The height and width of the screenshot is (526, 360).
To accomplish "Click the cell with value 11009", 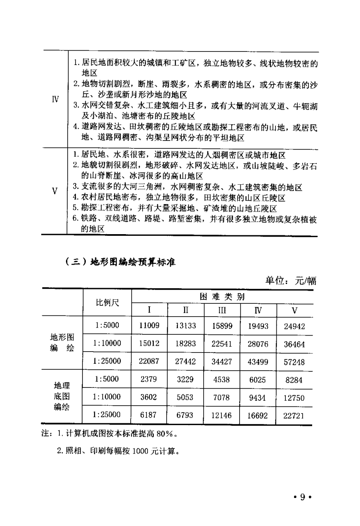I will [149, 326].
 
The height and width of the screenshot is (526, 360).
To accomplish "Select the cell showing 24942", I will [294, 326].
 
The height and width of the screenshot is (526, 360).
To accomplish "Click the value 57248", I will [294, 362].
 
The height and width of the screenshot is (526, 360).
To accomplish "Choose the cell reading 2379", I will [148, 379].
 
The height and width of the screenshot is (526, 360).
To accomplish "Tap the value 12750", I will [294, 398].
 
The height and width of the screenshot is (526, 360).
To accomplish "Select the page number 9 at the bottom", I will [302, 497].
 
